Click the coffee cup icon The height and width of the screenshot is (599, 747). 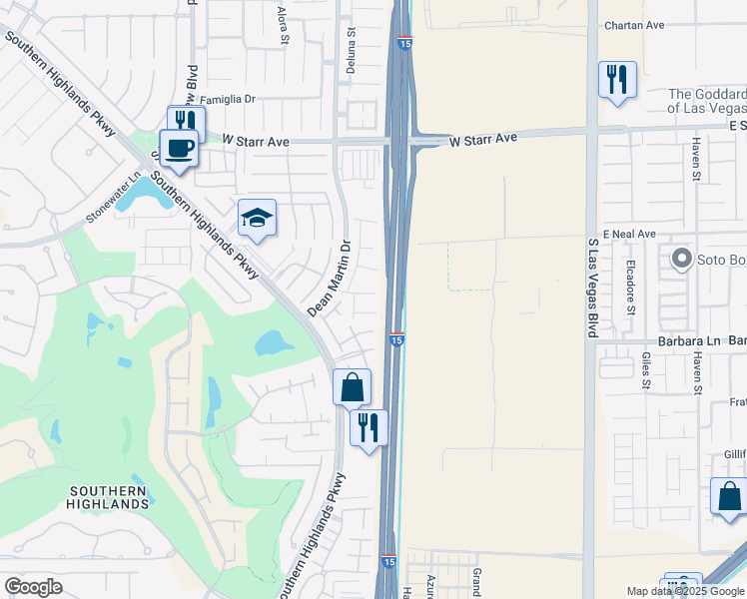[x=179, y=149]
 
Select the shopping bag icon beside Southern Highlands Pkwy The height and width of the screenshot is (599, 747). [x=352, y=386]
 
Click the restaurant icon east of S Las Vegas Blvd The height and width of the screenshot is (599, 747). [x=617, y=79]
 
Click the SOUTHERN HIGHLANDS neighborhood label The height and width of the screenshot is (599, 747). [x=110, y=497]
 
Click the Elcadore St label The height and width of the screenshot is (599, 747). [x=631, y=290]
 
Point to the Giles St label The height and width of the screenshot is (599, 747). [x=646, y=369]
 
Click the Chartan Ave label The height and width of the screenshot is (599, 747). [x=634, y=26]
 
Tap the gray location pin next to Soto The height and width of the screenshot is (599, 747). [x=683, y=260]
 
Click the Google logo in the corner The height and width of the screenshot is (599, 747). [x=33, y=587]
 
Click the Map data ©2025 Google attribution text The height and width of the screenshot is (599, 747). [x=684, y=591]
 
